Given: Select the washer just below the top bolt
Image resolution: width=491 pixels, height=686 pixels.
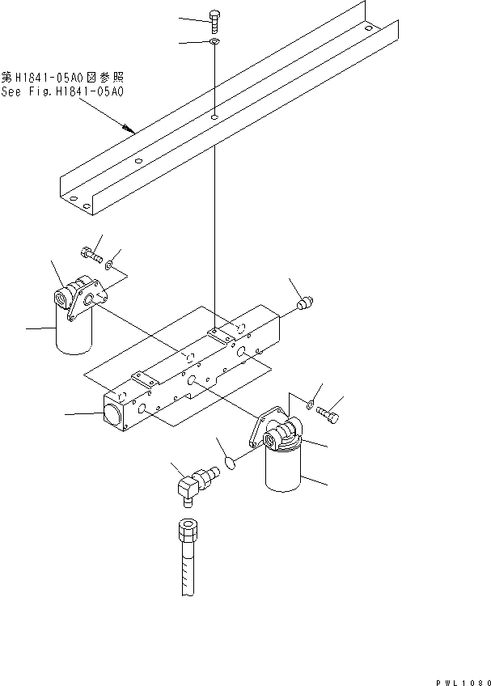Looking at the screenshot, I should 214,41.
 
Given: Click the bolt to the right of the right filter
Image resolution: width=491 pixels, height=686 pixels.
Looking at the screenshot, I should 328,415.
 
